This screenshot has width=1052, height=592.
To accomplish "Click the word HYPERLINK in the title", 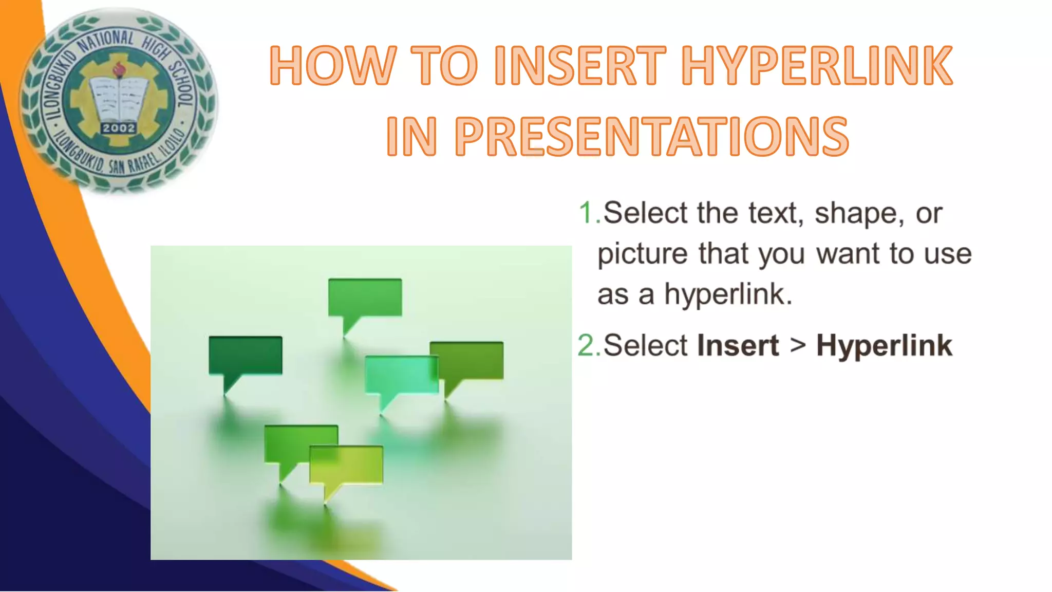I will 817,66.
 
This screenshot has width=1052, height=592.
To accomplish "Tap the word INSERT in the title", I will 579,66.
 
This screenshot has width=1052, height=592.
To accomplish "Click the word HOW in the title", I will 333,66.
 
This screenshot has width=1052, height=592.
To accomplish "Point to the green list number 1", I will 587,213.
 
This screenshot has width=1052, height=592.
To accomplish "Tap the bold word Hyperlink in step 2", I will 884,345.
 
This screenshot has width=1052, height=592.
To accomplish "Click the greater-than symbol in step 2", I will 798,345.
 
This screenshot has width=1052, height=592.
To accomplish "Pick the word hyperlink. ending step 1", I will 728,295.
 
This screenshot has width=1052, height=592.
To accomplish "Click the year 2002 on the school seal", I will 119,128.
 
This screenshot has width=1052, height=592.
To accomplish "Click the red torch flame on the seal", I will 119,67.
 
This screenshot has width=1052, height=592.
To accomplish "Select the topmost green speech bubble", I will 365,297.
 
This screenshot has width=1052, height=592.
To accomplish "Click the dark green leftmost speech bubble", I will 245,355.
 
